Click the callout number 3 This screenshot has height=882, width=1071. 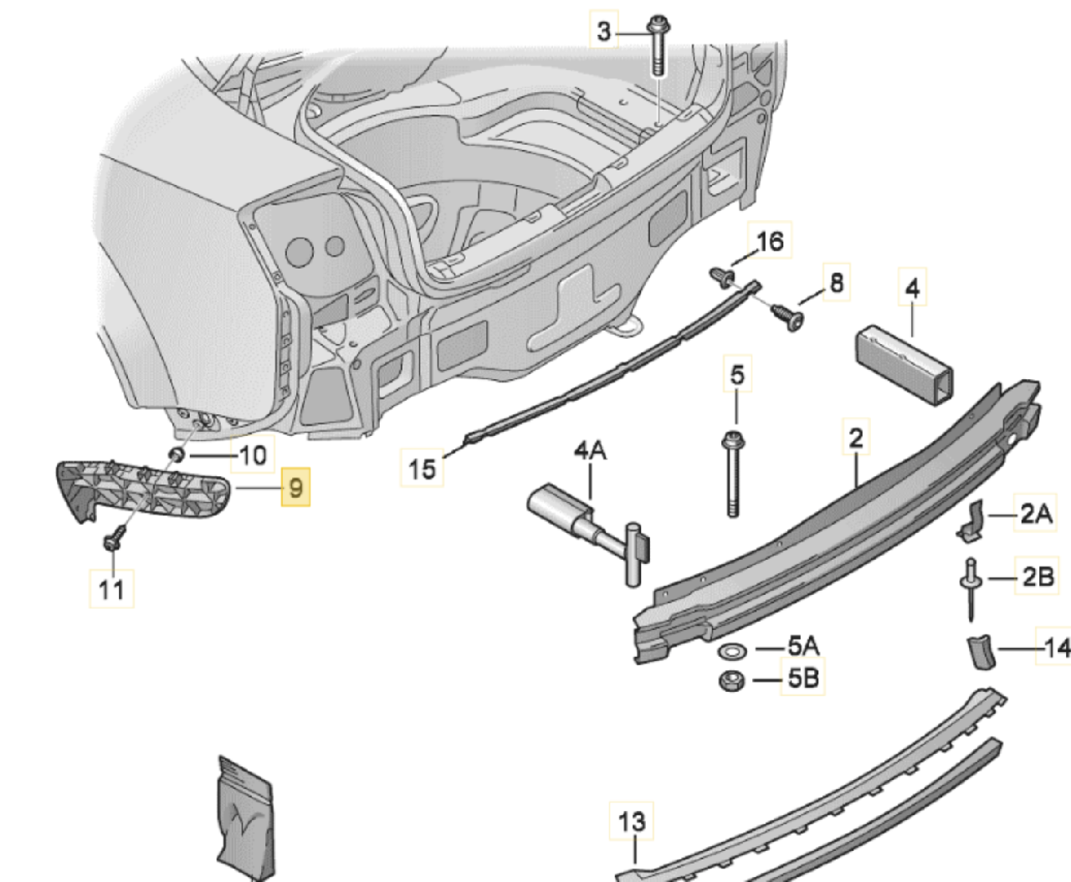pos(604,32)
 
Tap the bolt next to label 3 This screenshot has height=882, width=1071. pos(658,46)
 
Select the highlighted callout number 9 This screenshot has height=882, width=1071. pos(295,487)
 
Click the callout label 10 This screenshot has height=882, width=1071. pos(253,455)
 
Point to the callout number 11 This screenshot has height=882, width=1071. pos(111,589)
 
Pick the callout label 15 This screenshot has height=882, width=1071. pos(423,468)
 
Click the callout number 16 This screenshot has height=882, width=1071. pos(770,242)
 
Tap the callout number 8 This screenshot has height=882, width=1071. pos(837,283)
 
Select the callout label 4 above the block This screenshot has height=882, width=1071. pos(912,289)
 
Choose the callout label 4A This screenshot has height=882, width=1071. pos(590,451)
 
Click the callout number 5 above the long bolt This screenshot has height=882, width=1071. pos(736,374)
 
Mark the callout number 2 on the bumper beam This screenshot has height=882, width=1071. pos(855,438)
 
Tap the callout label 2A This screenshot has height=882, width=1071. pos(1036,513)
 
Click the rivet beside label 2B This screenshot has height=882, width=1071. pos(971,586)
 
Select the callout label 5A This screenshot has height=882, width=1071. pos(803,646)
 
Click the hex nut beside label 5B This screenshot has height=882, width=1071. pos(731,681)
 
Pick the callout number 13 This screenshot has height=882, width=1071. pos(632,822)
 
